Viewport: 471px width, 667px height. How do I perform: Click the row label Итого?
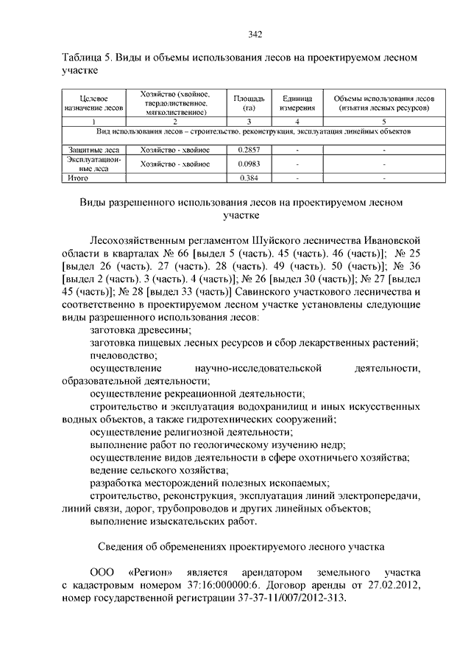(77, 178)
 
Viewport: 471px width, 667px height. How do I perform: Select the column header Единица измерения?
(297, 103)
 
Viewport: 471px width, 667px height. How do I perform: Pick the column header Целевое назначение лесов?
(92, 103)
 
